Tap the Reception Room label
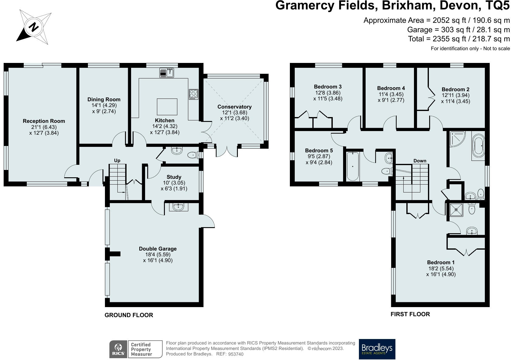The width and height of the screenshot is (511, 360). point(44,121)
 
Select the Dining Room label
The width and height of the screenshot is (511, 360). point(104,99)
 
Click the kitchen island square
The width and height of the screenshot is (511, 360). point(167,107)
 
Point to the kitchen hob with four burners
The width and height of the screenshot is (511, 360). point(193,94)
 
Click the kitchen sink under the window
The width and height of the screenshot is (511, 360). point(167,73)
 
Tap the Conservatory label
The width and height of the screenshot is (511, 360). point(235,107)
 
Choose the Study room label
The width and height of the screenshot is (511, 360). point(174,177)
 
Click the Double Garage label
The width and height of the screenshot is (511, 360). point(158,249)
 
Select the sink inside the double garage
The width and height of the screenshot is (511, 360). point(179,207)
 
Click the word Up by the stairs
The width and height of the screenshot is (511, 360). point(117,161)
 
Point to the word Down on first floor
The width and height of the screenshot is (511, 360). point(420,161)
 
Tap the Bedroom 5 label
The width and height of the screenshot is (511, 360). point(319,151)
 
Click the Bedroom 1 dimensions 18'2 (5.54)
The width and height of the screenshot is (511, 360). point(441,268)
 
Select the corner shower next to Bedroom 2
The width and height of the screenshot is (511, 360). point(457,139)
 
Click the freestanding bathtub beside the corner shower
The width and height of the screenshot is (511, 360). point(478,146)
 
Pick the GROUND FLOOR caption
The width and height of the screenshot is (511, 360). point(129,315)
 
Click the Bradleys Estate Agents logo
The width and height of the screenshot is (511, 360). point(377,349)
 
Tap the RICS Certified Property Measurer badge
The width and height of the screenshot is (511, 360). point(136,349)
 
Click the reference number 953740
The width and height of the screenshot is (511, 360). point(236,354)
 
